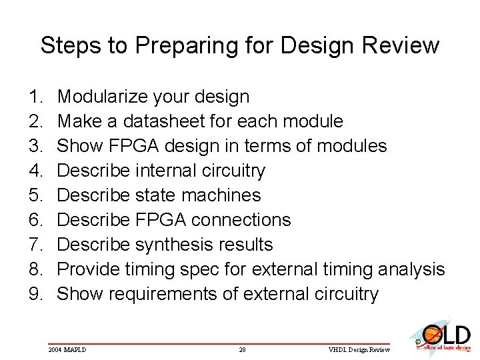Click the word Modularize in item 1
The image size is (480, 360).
(103, 97)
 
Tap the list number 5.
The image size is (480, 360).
(36, 195)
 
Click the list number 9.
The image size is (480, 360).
(36, 294)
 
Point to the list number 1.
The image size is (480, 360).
(36, 97)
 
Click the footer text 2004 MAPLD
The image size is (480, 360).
(67, 349)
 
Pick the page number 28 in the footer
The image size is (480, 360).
(243, 349)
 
